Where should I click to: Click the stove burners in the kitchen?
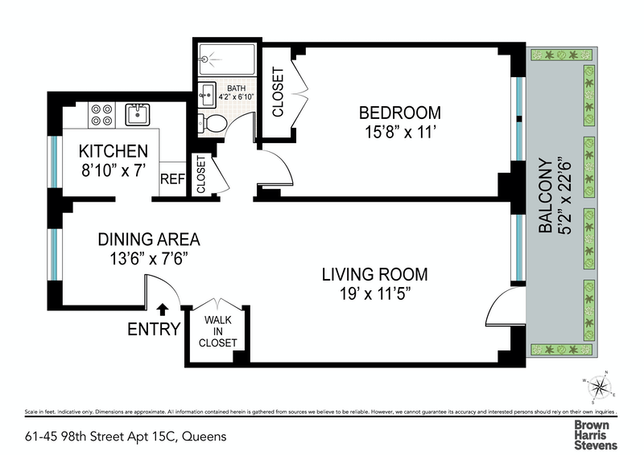[102, 115]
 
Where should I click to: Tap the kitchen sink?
[137, 114]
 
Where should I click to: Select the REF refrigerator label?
[172, 179]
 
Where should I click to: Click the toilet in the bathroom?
[213, 123]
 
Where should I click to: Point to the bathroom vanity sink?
[208, 95]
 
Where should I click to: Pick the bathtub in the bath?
[227, 59]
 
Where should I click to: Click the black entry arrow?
[163, 309]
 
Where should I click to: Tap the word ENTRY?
[154, 329]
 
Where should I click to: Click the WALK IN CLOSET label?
[217, 331]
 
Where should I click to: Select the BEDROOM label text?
[400, 113]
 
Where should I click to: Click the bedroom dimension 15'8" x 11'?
[399, 132]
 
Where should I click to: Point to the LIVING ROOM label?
[374, 274]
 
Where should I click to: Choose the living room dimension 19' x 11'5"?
[375, 293]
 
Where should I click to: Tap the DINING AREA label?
[149, 240]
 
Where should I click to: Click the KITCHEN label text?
[114, 151]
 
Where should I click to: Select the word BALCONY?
[546, 195]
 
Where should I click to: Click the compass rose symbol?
[599, 387]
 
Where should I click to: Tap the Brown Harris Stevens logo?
[596, 435]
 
